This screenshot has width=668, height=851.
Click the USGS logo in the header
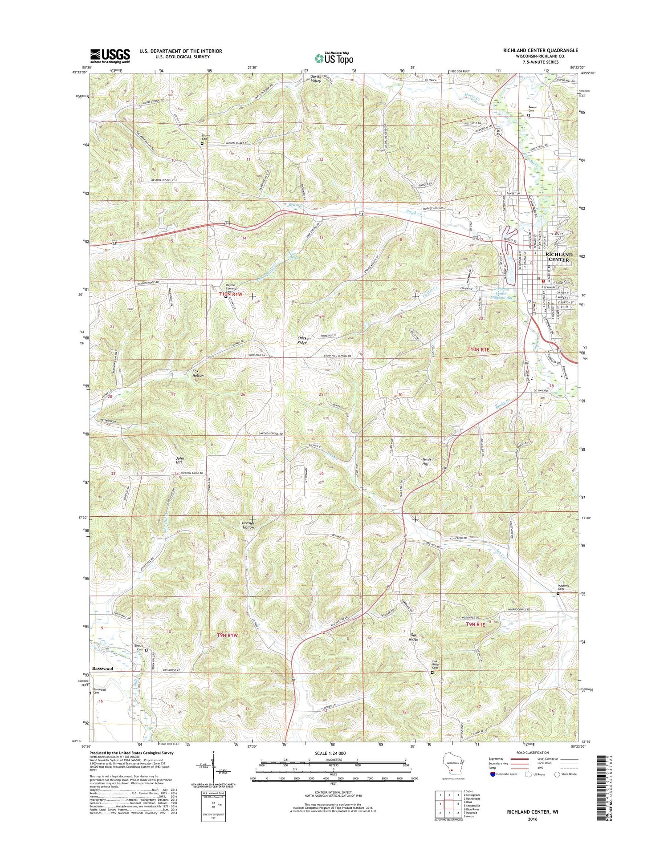(x=110, y=56)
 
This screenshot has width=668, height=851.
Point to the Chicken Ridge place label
(x=304, y=340)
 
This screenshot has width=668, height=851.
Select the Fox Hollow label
(x=198, y=373)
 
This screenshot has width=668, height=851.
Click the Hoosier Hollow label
(x=248, y=525)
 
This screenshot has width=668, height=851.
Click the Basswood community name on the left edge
(x=102, y=669)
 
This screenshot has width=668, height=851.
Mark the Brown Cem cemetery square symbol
(x=202, y=144)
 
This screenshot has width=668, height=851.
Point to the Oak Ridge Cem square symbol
(x=432, y=673)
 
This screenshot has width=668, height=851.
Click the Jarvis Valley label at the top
(x=316, y=79)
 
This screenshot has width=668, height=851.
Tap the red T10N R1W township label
(x=231, y=294)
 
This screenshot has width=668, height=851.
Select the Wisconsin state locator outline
(x=452, y=766)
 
